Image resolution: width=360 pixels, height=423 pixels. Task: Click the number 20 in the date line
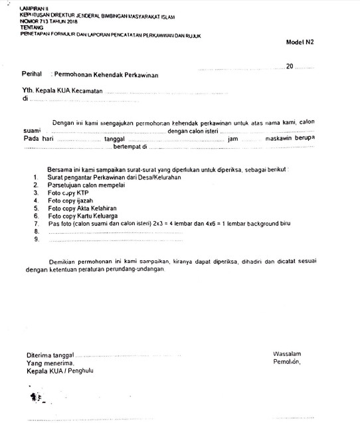point(289,66)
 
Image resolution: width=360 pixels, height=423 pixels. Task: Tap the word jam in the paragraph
point(232,140)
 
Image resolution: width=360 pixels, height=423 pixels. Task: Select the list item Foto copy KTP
point(69,193)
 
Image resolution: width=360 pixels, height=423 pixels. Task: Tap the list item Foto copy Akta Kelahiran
point(82,208)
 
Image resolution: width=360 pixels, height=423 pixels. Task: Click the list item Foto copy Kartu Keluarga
point(83,216)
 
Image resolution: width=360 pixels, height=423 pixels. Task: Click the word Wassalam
point(287,354)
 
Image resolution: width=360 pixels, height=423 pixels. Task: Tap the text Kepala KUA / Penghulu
point(60,371)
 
